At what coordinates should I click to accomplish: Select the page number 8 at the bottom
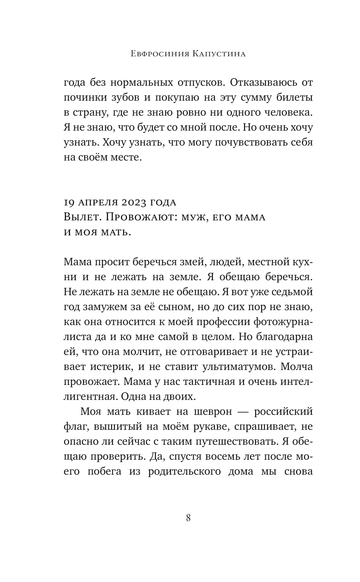pyautogui.click(x=188, y=518)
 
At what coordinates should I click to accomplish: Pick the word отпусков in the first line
pyautogui.click(x=193, y=82)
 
